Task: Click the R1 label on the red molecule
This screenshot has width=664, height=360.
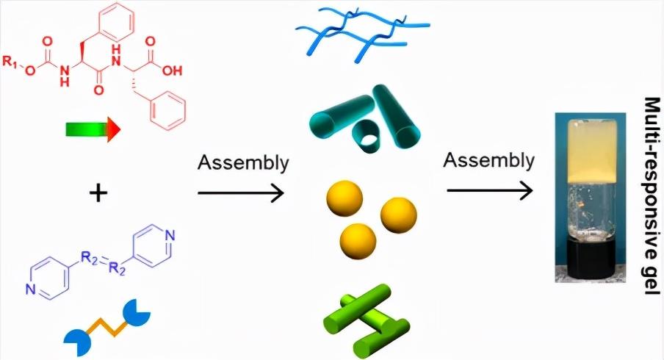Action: pos(10,62)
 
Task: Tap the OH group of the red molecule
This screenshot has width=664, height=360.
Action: pos(172,71)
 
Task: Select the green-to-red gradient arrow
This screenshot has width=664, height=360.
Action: pos(93,129)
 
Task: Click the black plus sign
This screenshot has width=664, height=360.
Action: pos(98,194)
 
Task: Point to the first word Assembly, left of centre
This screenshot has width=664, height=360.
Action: pos(243,163)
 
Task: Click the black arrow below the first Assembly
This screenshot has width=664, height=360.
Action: pos(240,193)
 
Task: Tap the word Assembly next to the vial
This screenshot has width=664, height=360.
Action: pos(488,160)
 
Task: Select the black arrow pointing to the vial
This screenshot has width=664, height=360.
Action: pos(489,190)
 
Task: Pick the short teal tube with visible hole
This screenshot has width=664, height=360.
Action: pos(366,137)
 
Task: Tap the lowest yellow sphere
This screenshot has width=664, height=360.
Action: pos(358,242)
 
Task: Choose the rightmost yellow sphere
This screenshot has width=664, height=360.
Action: pos(399,215)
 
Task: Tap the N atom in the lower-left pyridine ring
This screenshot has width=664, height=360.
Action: pos(30,289)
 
